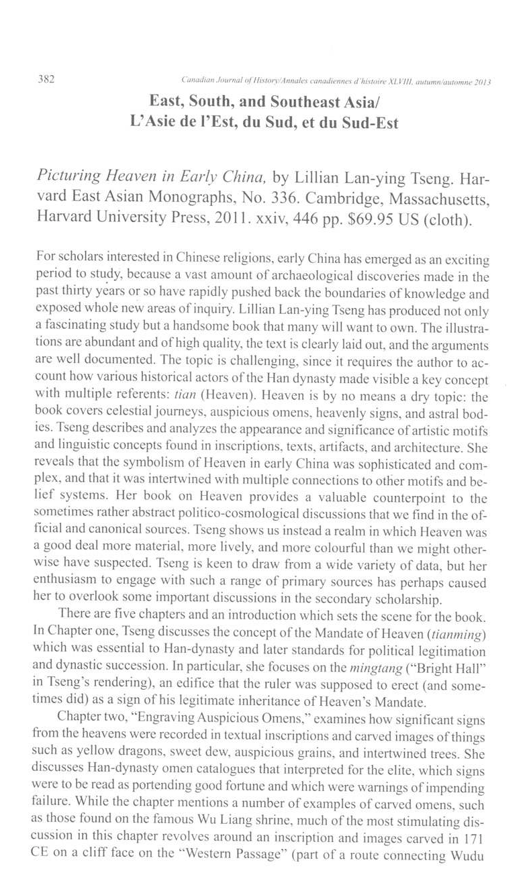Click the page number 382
pyautogui.click(x=45, y=80)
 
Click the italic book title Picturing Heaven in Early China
pyautogui.click(x=150, y=177)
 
